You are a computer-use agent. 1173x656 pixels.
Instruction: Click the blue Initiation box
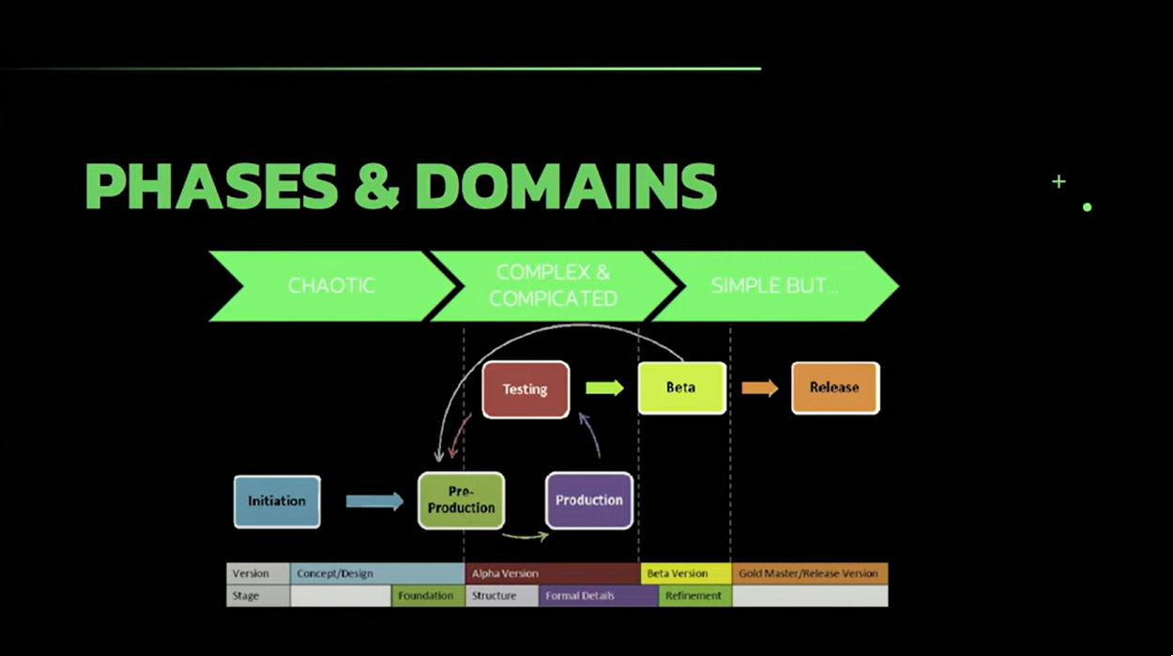tap(277, 501)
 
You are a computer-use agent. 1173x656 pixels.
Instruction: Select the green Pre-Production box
tap(461, 500)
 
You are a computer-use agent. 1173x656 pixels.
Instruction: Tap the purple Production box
tap(589, 500)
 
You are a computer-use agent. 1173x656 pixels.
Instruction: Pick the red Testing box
tap(526, 389)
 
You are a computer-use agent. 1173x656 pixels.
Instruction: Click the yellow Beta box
tap(681, 388)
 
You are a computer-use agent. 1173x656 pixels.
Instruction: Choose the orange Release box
tap(834, 388)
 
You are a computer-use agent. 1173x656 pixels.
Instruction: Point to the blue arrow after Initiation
tap(374, 501)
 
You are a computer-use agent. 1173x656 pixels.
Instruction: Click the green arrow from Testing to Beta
tap(605, 388)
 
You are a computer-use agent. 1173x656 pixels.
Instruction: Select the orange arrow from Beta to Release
tap(760, 388)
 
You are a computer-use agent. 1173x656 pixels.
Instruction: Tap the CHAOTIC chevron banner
tap(330, 286)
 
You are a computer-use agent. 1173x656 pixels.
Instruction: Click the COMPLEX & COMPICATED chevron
tap(554, 286)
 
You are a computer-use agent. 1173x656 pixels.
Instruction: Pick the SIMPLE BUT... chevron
tap(774, 286)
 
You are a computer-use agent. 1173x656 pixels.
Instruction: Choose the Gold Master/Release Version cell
tap(809, 573)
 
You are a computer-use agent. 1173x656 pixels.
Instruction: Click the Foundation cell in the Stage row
tap(427, 596)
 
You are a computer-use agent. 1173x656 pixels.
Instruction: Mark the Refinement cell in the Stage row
tap(694, 596)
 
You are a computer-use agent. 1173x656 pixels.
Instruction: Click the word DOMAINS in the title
tap(566, 187)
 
